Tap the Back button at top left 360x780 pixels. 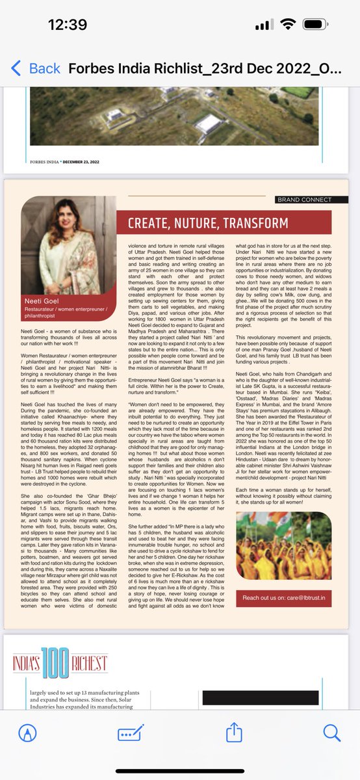coord(36,68)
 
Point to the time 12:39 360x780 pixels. coord(68,25)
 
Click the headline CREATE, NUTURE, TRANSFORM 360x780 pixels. coord(208,224)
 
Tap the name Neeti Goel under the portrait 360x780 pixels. coord(42,302)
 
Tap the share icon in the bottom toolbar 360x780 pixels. coord(233,733)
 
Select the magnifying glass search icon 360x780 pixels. coord(331,733)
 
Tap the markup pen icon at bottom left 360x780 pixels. coord(27,733)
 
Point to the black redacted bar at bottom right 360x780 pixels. coord(292,698)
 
